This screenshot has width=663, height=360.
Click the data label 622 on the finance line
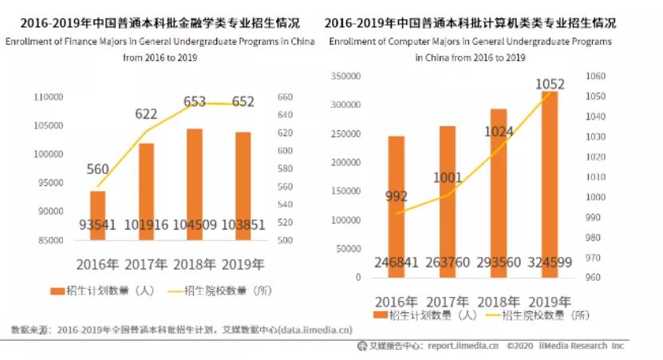click(x=146, y=115)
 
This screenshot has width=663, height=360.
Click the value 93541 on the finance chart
click(x=97, y=225)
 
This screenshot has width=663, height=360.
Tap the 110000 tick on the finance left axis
click(x=49, y=97)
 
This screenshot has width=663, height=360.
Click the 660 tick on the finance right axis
click(x=285, y=97)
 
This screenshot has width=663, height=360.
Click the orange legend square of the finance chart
click(x=55, y=292)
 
